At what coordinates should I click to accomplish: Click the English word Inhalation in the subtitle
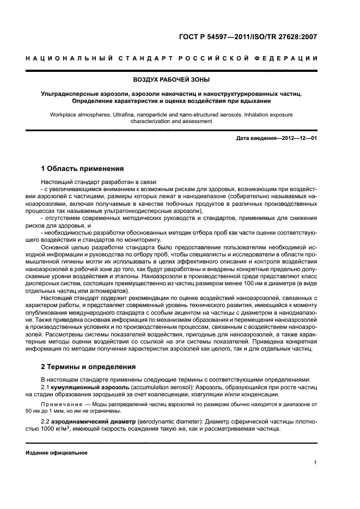click(258, 115)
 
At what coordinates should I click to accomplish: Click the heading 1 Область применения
click(83, 168)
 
